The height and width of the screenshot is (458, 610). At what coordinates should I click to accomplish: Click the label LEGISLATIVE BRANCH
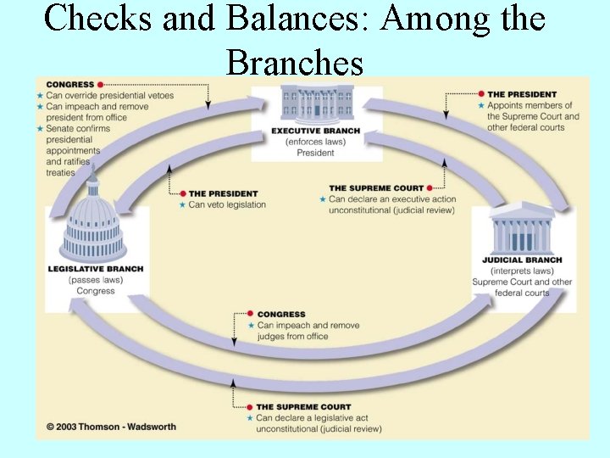[x=96, y=269]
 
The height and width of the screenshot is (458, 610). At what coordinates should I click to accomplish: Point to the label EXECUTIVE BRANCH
[x=315, y=131]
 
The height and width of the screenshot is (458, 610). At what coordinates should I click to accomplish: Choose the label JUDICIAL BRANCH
[x=522, y=260]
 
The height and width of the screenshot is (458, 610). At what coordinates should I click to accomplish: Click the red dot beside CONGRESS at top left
[x=101, y=85]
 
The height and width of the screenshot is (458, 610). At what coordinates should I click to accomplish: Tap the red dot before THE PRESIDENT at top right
[x=480, y=94]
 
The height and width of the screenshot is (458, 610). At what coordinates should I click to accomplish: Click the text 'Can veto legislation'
[x=227, y=204]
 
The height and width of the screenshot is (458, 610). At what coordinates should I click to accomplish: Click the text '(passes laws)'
[x=96, y=280]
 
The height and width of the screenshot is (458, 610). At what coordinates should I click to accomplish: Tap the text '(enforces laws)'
[x=315, y=142]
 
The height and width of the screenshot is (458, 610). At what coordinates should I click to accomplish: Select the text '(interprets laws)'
[x=522, y=271]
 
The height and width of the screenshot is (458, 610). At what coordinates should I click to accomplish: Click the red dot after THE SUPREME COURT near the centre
[x=430, y=188]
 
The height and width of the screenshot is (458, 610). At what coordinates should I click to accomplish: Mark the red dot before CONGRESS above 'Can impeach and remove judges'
[x=250, y=315]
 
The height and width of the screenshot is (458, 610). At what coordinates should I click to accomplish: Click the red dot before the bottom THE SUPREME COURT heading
[x=249, y=407]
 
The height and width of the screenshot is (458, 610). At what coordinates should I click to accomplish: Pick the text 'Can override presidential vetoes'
[x=110, y=96]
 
